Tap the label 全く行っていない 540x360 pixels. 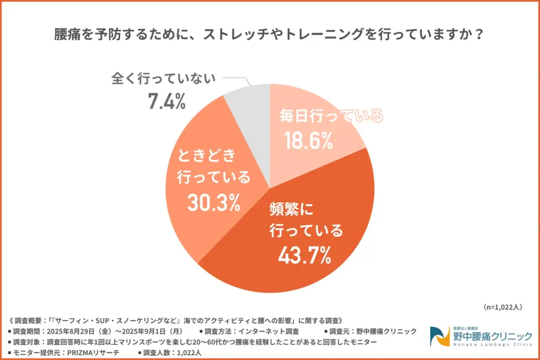164,79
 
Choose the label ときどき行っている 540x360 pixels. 213,166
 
